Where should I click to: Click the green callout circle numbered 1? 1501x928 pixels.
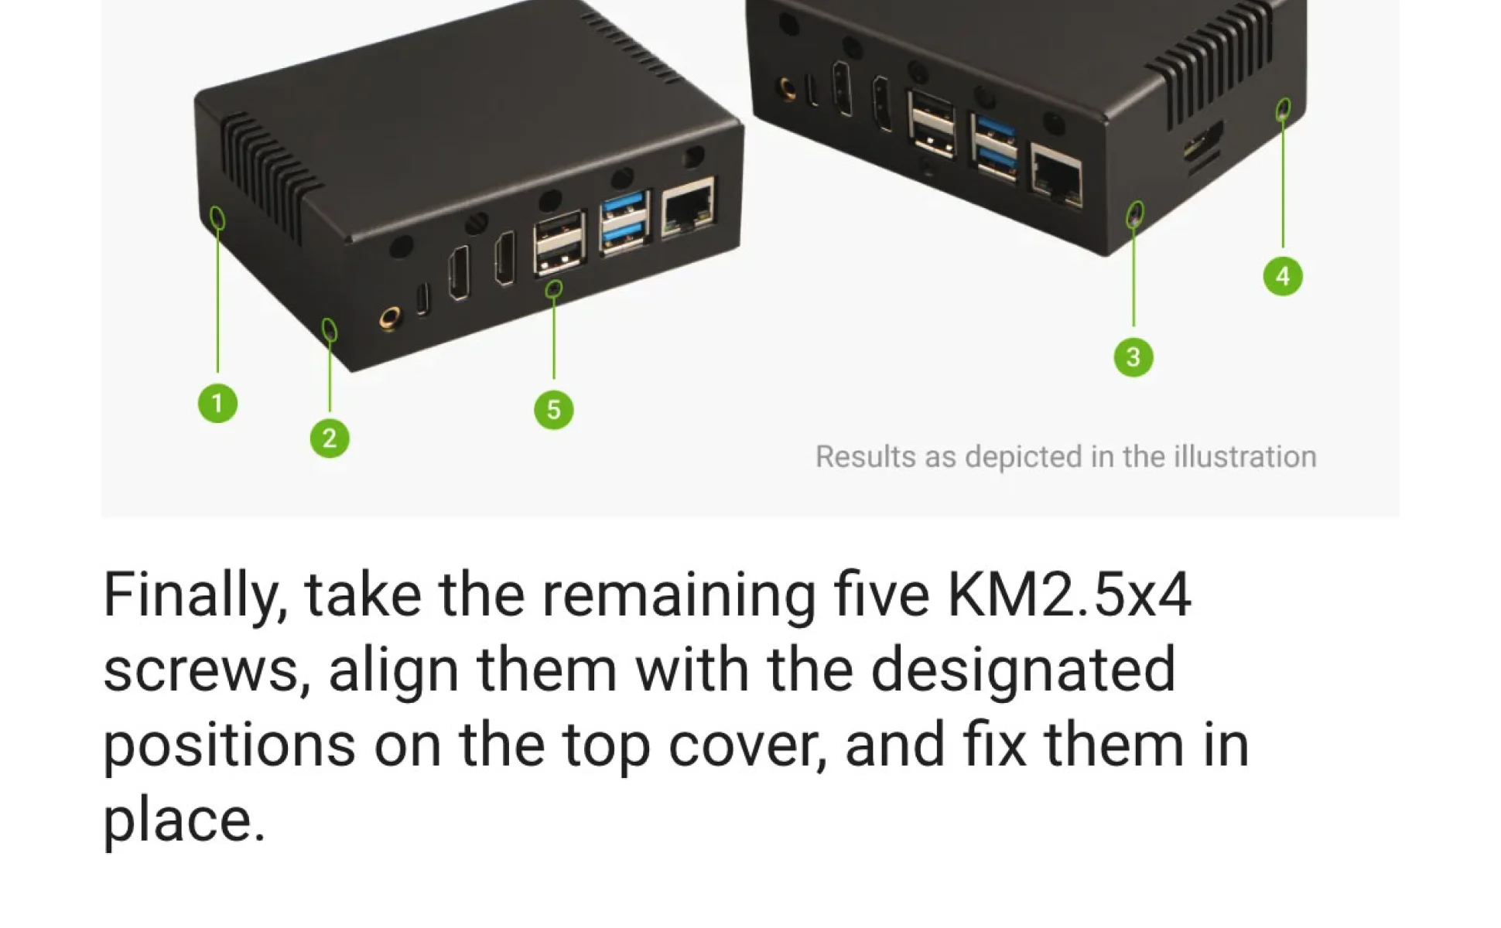(x=217, y=403)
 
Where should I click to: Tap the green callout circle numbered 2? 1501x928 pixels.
(x=330, y=438)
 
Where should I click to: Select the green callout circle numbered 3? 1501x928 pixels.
(x=1133, y=357)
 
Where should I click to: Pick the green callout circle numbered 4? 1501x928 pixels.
(x=1283, y=276)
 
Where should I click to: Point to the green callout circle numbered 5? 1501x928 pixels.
(x=554, y=410)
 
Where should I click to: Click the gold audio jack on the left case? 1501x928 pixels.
(x=391, y=317)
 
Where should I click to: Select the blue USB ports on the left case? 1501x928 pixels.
(x=624, y=223)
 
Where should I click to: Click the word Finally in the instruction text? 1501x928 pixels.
(x=196, y=595)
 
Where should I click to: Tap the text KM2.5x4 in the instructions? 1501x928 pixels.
(x=1068, y=595)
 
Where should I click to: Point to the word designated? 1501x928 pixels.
(x=1023, y=670)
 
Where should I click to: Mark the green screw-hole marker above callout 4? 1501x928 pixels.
(x=1284, y=109)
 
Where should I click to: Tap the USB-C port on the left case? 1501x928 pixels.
(x=422, y=299)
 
